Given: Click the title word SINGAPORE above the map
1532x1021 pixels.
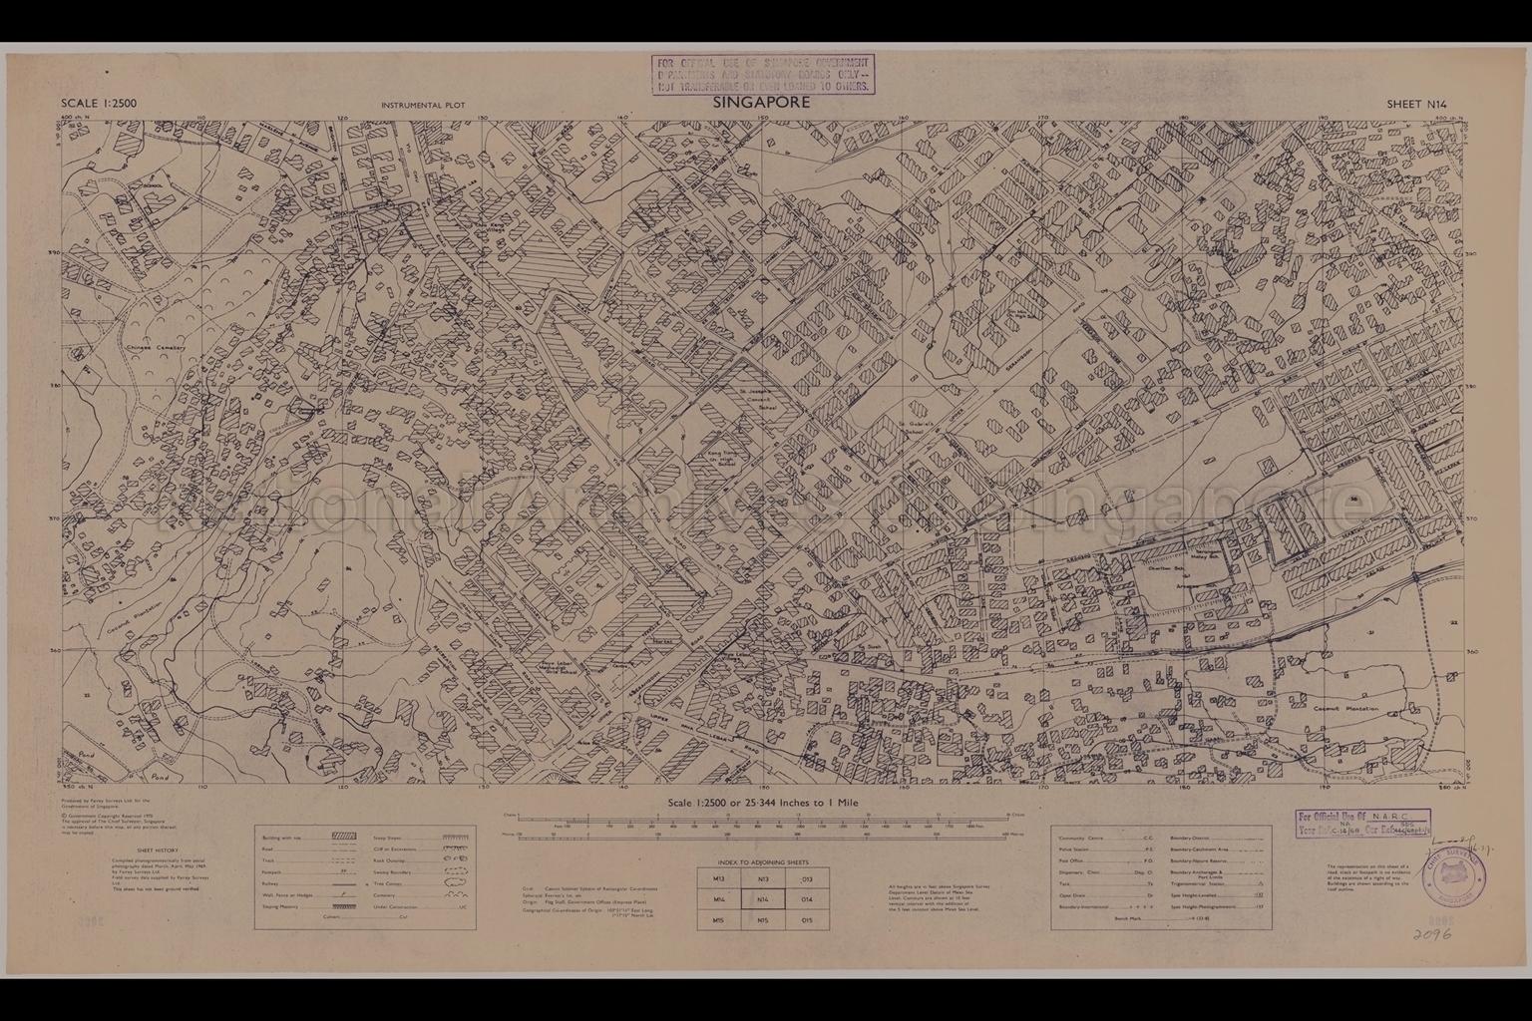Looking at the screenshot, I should [x=763, y=102].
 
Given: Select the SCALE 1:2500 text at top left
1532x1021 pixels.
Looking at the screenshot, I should [x=99, y=103].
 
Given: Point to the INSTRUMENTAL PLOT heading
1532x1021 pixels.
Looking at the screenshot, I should [x=422, y=105].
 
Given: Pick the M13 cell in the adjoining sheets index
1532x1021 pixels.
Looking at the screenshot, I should [x=719, y=878].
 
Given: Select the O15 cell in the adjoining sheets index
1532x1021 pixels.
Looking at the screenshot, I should [x=807, y=920].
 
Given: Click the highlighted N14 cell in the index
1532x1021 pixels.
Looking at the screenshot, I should [x=763, y=899].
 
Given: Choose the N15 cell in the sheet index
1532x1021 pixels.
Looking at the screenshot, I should [x=763, y=920].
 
